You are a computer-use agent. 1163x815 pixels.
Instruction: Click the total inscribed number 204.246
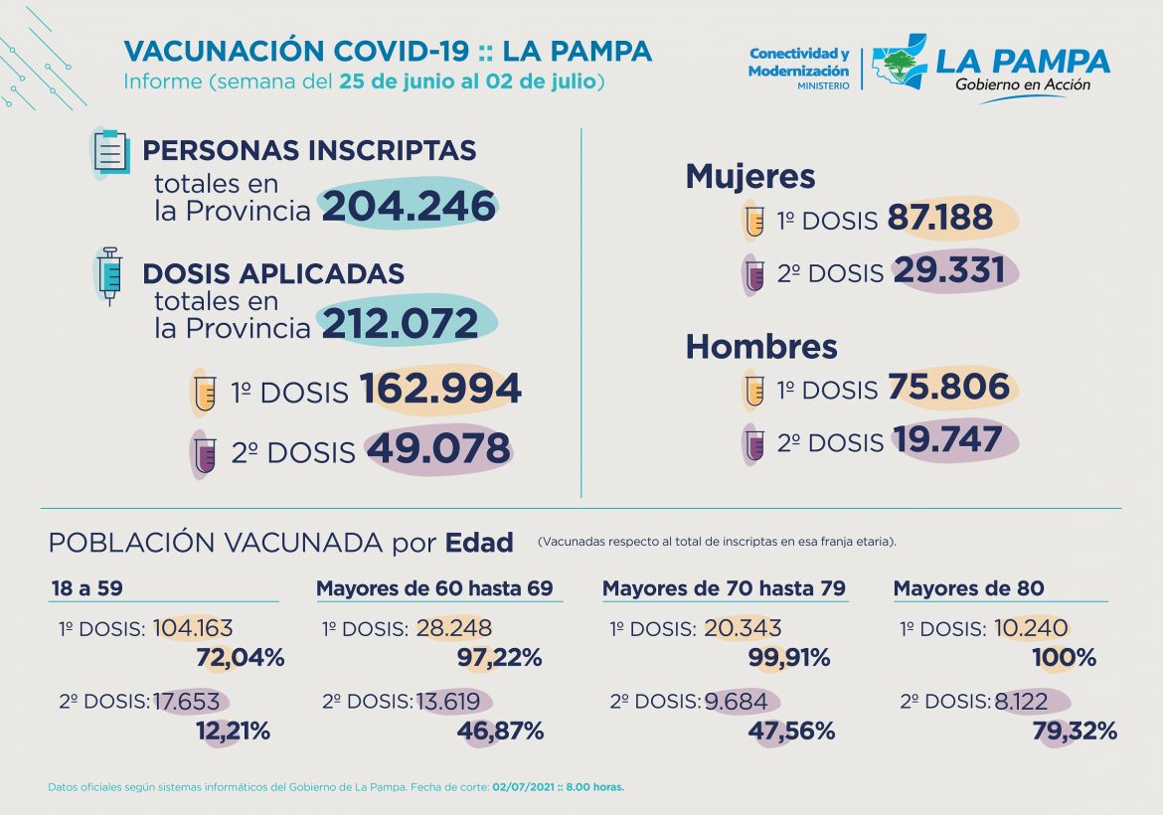408,207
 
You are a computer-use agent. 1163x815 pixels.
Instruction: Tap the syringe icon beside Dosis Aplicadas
109,274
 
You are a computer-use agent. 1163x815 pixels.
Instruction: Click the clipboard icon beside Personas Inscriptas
109,152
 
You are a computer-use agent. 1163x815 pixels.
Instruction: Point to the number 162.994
439,390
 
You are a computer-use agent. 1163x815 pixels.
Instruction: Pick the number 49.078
438,449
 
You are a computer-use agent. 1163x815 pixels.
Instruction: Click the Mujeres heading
750,177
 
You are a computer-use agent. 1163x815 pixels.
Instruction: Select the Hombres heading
760,347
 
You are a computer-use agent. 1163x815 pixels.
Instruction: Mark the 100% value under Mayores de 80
1064,657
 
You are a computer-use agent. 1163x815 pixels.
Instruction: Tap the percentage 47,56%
790,732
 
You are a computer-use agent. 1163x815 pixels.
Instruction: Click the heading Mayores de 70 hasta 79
724,588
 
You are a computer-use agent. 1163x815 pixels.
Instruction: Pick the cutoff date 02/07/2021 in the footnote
523,787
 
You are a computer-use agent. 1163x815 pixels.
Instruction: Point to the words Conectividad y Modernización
798,63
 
